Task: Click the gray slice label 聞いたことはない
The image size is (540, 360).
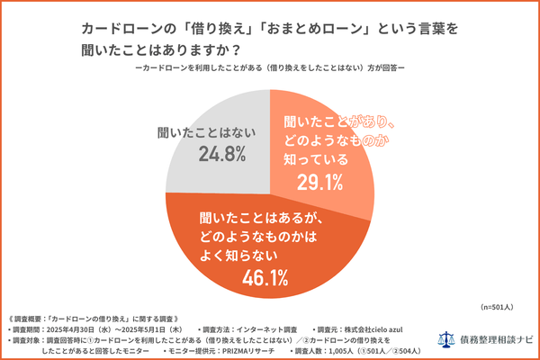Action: click(196, 132)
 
